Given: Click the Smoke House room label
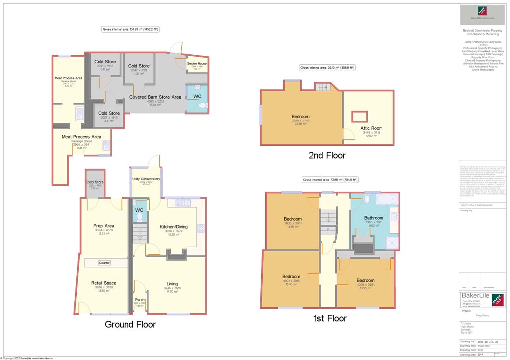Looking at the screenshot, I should pos(197,64).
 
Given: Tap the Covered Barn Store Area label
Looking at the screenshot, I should pos(155,97).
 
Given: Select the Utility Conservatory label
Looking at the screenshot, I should pos(146,179).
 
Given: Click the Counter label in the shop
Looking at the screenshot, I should pos(104,263).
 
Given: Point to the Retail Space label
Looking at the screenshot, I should pos(104,283).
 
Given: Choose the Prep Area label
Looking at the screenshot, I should pos(104,226).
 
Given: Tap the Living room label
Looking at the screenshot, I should pos(172,284).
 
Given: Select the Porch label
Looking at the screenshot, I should pos(140,299).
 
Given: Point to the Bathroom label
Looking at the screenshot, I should pos(374,218).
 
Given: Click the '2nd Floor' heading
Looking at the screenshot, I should pos(327,155).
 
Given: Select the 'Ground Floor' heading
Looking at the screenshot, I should pos(130,325).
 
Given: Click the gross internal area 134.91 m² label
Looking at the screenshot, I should pos(130,30).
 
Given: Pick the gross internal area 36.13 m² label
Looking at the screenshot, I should pos(327,67).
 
